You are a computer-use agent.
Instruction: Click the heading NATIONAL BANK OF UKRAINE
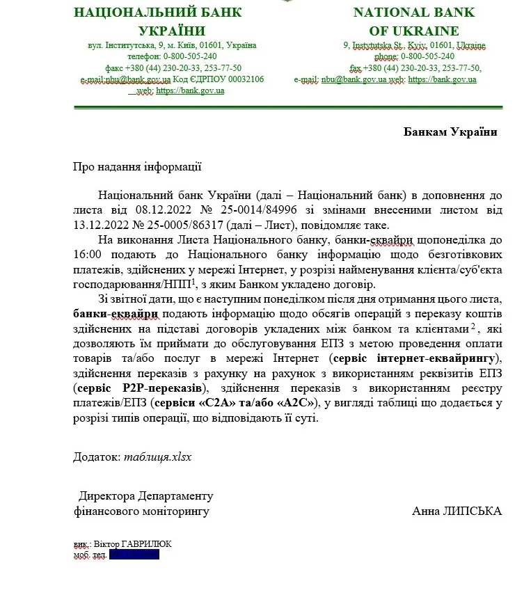[415, 22]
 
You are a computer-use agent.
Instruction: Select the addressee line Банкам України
[451, 132]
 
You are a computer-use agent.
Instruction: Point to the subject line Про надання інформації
[137, 166]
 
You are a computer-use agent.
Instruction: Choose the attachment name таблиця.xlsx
[157, 457]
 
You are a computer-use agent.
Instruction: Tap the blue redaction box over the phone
[134, 555]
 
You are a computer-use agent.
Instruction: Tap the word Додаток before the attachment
[97, 457]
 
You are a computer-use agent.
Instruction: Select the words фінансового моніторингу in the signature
[141, 511]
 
